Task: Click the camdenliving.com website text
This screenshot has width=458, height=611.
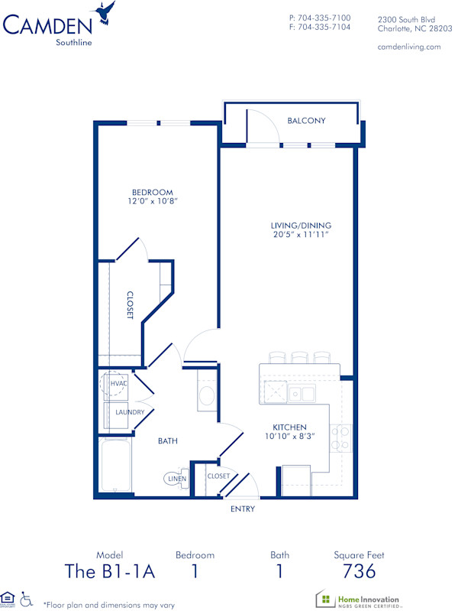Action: coord(409,47)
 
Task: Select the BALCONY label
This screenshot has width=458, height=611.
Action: coord(306,121)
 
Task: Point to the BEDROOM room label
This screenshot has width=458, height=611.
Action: coord(152,193)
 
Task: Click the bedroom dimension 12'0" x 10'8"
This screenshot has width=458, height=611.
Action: coord(152,202)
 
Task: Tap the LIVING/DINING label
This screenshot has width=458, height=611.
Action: coord(301,226)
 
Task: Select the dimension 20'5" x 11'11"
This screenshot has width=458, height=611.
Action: coord(301,235)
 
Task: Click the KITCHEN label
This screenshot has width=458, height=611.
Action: coord(290,427)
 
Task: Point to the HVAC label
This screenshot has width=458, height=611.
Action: coord(118,384)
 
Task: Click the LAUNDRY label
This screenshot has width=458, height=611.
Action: coord(130,412)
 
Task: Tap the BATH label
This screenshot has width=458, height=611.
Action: coord(168,441)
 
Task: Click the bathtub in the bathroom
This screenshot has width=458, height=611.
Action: coord(116,464)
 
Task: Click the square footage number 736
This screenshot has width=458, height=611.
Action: coord(359,570)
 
